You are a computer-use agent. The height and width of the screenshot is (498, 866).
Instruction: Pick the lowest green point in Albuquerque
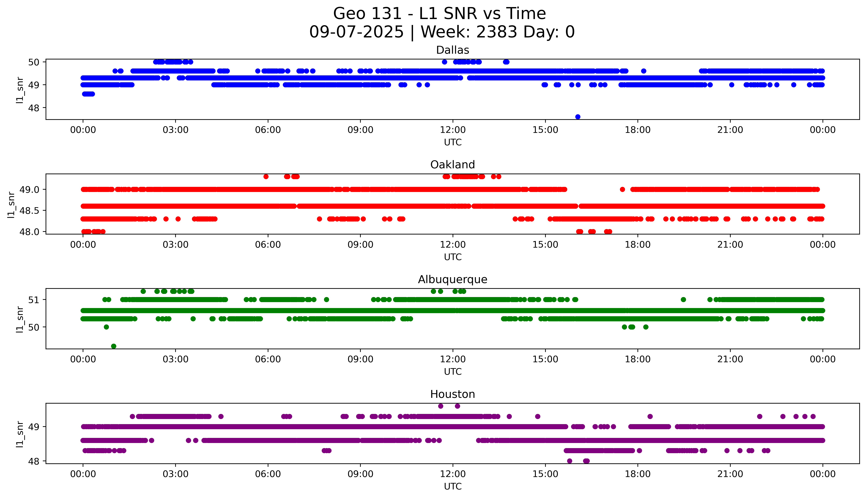point(114,346)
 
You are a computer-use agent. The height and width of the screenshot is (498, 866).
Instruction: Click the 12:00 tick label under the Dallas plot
point(453,130)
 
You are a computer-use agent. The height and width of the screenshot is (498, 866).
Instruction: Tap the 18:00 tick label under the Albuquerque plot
point(637,359)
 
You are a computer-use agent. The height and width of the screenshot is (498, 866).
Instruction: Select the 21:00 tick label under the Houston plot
point(730,474)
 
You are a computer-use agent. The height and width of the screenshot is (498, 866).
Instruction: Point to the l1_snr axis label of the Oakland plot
point(11,205)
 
